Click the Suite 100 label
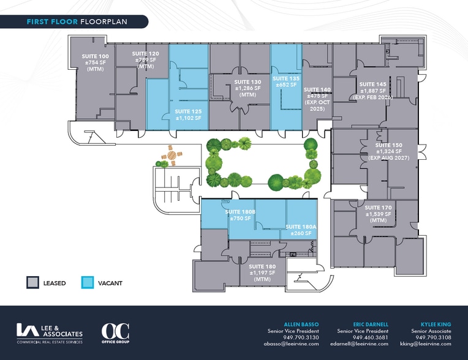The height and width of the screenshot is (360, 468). pyautogui.click(x=95, y=62)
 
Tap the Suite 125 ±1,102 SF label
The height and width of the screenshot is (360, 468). pyautogui.click(x=188, y=115)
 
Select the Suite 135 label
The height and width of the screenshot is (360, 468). pyautogui.click(x=286, y=81)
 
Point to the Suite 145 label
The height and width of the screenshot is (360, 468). pyautogui.click(x=373, y=91)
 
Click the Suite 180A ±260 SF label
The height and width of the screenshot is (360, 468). pyautogui.click(x=301, y=230)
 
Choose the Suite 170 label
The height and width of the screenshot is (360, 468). pyautogui.click(x=378, y=214)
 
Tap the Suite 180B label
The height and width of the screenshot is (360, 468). pyautogui.click(x=240, y=215)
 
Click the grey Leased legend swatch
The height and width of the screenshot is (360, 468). pyautogui.click(x=33, y=282)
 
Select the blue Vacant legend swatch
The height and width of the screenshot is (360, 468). pyautogui.click(x=88, y=282)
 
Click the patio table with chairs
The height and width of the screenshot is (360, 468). pyautogui.click(x=172, y=155)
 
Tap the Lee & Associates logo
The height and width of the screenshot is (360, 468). pyautogui.click(x=50, y=334)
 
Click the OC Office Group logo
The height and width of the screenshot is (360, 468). pyautogui.click(x=116, y=333)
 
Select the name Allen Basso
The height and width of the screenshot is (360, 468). pyautogui.click(x=301, y=324)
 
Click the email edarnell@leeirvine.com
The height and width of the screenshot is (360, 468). pyautogui.click(x=360, y=343)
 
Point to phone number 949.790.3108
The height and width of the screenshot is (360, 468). pyautogui.click(x=433, y=337)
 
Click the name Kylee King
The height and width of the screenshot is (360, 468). pyautogui.click(x=436, y=324)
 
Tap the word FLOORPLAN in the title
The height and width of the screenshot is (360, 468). pyautogui.click(x=104, y=22)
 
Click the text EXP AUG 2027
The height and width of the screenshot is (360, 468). pyautogui.click(x=388, y=158)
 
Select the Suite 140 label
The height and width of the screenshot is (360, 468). pyautogui.click(x=317, y=99)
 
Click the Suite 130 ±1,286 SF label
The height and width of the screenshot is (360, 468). pyautogui.click(x=247, y=88)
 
